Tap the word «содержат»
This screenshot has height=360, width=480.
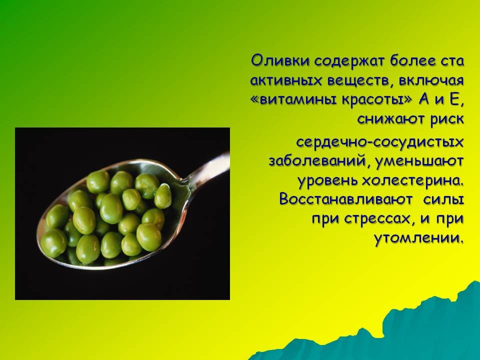[348, 61]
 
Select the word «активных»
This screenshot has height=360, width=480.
[286, 80]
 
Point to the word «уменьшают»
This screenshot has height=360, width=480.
[419, 161]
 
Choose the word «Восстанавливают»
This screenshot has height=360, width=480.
[346, 199]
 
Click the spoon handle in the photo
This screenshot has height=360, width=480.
[208, 167]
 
